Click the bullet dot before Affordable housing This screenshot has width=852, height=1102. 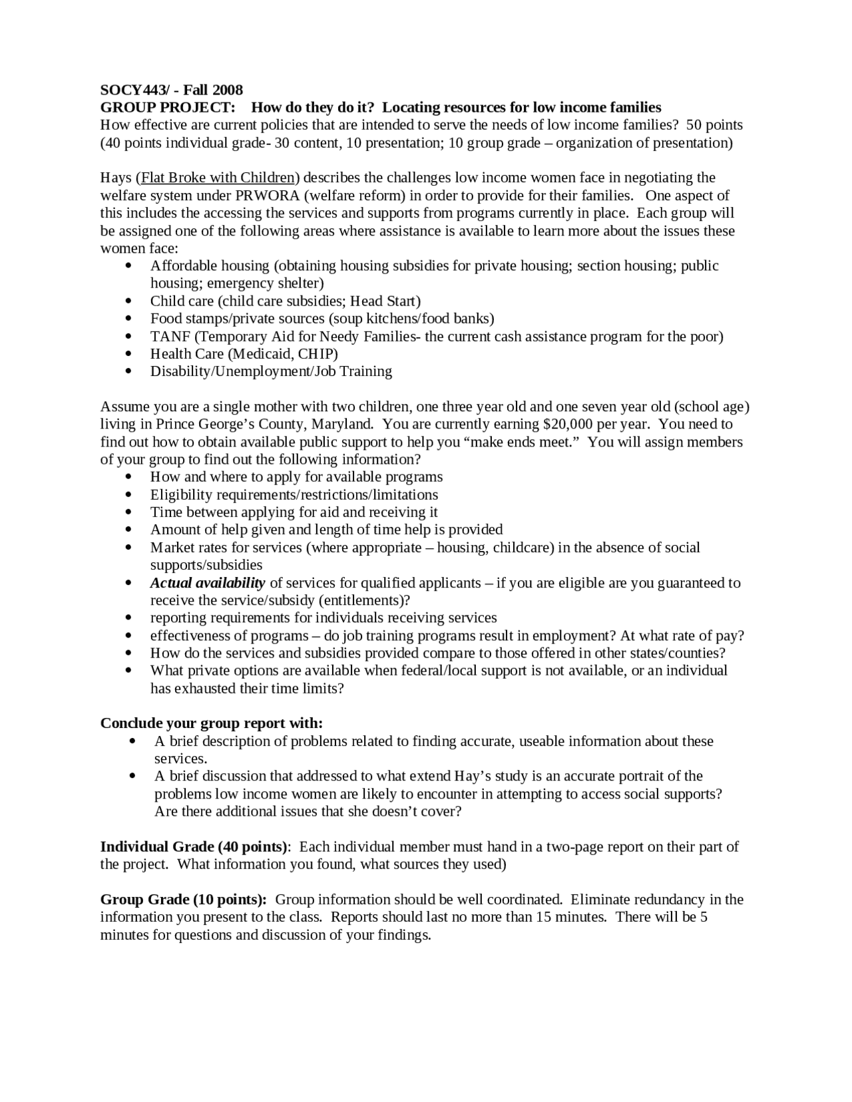pyautogui.click(x=128, y=266)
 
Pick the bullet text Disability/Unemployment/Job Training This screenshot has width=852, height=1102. pyautogui.click(x=271, y=371)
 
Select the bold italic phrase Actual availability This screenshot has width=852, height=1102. pyautogui.click(x=207, y=583)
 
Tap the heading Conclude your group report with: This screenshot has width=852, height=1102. pyautogui.click(x=211, y=723)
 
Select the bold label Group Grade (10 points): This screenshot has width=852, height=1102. pyautogui.click(x=184, y=900)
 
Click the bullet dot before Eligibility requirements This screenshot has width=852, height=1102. pyautogui.click(x=128, y=495)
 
